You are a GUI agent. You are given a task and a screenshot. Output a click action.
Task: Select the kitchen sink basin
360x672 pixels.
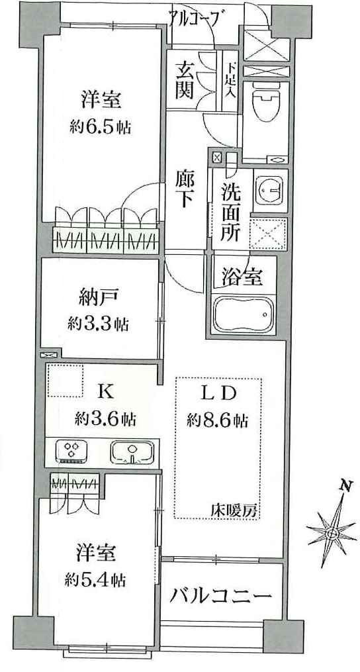pos(132,453)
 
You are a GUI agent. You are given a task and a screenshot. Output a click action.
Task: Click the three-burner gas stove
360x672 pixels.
pos(72,452)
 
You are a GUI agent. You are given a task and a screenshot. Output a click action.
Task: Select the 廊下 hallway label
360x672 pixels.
pos(183,189)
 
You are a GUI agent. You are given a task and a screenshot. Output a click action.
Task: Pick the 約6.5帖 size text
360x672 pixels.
pos(101,128)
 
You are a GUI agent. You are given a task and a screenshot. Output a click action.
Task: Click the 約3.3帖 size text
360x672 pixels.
pos(98,324)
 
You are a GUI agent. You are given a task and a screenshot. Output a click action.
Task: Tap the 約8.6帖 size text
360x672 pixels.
pos(217,421)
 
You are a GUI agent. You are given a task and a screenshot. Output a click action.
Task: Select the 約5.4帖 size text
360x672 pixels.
pos(95,580)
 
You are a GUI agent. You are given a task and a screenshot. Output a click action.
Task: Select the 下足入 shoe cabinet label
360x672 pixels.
pos(232,79)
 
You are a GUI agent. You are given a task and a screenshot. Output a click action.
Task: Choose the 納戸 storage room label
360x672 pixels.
pos(98,299)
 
